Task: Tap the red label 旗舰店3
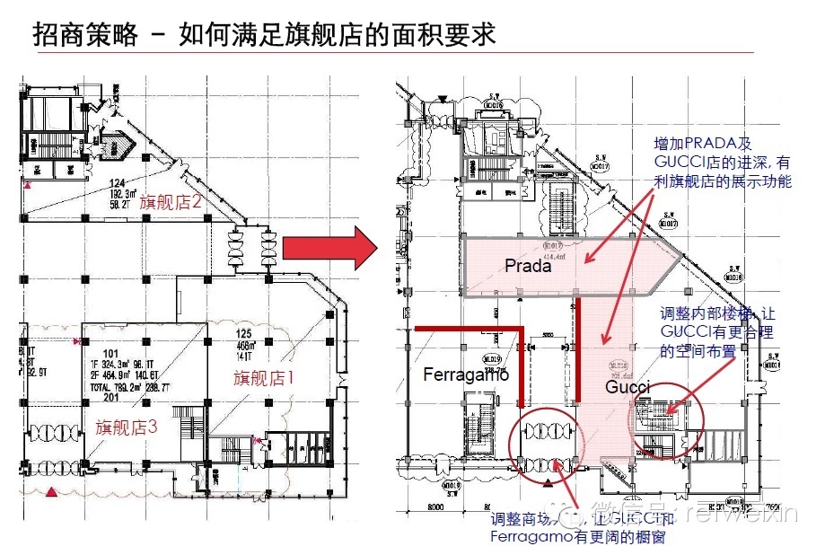[x=126, y=427]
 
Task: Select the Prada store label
[x=528, y=266]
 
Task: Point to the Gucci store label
[x=628, y=387]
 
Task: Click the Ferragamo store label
[x=466, y=374]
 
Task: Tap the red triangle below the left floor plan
[x=53, y=492]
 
